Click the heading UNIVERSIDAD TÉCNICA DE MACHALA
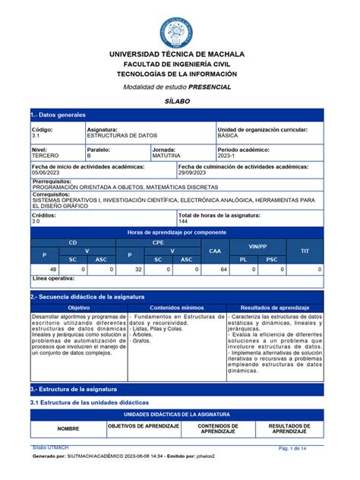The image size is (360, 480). point(179,55)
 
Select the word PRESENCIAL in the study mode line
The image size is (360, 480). point(210,87)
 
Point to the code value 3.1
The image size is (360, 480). point(36,134)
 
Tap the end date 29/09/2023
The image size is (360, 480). point(195,172)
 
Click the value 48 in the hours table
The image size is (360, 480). point(52,269)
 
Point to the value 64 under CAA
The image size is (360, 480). point(223,269)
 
